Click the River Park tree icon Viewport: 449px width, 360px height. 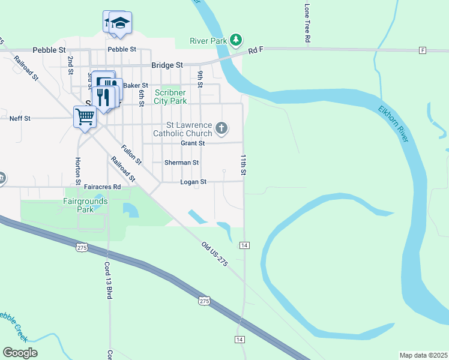(x=237, y=40)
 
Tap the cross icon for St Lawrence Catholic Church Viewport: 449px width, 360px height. (x=221, y=128)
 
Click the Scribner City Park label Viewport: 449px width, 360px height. (x=170, y=97)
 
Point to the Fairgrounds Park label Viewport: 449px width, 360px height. (x=85, y=205)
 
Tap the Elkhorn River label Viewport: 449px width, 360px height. (x=394, y=124)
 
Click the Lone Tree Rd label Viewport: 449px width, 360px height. (x=307, y=23)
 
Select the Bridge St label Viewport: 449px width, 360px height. (x=167, y=65)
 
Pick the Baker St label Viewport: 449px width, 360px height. (x=136, y=85)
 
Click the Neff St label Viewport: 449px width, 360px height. (x=20, y=118)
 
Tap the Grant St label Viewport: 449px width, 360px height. (x=193, y=143)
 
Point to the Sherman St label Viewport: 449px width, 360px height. (x=182, y=163)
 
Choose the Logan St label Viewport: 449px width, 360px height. (x=193, y=182)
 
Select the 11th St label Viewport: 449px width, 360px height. (x=244, y=164)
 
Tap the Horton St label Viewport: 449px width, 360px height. (x=78, y=170)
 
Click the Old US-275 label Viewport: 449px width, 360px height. (x=215, y=254)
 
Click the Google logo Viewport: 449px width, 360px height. (x=20, y=353)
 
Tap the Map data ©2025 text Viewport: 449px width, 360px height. (x=423, y=355)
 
